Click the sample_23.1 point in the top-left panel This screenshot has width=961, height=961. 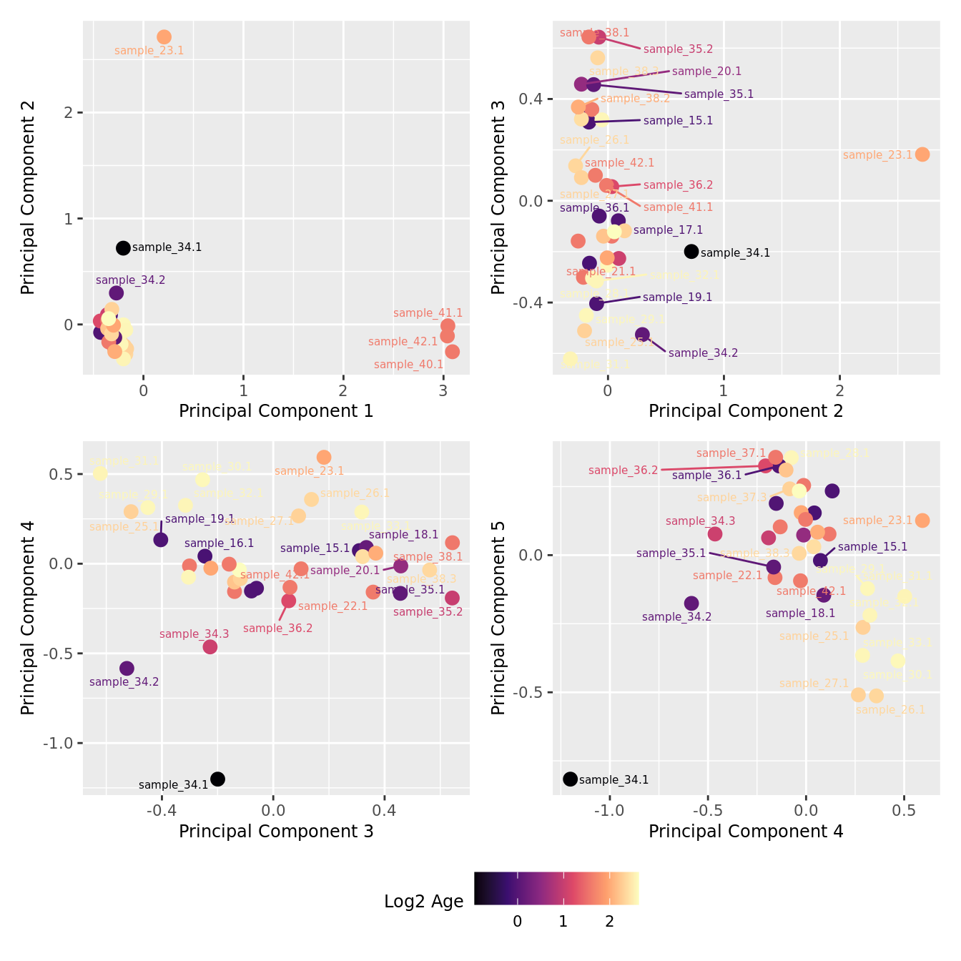[x=164, y=37]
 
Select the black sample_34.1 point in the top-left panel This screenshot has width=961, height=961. [x=123, y=248]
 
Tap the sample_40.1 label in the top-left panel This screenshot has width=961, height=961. [x=408, y=365]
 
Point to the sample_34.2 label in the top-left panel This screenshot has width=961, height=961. [x=130, y=280]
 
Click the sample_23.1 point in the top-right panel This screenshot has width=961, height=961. [x=922, y=154]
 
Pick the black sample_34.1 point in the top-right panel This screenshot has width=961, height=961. [x=691, y=252]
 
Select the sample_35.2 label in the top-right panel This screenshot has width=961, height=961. [x=678, y=49]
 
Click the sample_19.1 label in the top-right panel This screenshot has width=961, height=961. [x=677, y=297]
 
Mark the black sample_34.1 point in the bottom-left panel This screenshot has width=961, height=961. [x=218, y=779]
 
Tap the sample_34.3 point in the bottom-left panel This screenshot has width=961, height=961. [x=210, y=647]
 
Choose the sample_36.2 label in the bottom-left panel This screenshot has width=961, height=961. [x=277, y=629]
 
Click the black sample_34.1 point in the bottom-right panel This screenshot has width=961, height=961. [x=570, y=779]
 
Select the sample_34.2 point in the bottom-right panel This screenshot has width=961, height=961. [x=691, y=603]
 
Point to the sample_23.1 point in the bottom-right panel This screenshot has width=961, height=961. [x=922, y=521]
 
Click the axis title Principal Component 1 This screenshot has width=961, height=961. [x=276, y=411]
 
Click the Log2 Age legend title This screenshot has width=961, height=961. [x=423, y=902]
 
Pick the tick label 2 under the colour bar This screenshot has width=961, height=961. [x=609, y=922]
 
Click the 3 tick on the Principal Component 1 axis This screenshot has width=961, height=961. [x=443, y=390]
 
